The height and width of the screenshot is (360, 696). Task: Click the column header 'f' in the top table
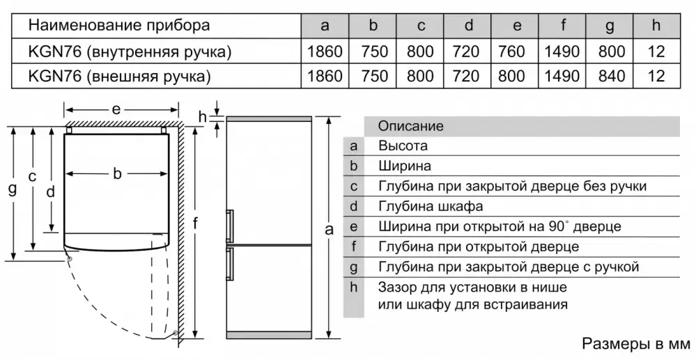pyautogui.click(x=562, y=26)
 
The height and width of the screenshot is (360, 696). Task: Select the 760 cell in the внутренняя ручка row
pyautogui.click(x=516, y=52)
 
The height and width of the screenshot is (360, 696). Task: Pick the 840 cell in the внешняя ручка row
pyautogui.click(x=611, y=76)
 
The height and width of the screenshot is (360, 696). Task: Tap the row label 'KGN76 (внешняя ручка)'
pyautogui.click(x=119, y=76)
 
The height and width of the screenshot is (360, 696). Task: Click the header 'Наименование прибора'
pyautogui.click(x=119, y=26)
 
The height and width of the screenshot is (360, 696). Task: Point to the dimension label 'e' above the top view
pyautogui.click(x=116, y=109)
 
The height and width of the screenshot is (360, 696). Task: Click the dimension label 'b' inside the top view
pyautogui.click(x=117, y=174)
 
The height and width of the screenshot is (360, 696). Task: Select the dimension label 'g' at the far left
pyautogui.click(x=12, y=189)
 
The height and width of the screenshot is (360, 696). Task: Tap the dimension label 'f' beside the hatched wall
pyautogui.click(x=196, y=224)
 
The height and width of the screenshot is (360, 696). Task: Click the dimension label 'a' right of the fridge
pyautogui.click(x=330, y=230)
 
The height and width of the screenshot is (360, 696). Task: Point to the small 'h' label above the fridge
pyautogui.click(x=203, y=116)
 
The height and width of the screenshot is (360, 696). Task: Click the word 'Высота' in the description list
pyautogui.click(x=403, y=146)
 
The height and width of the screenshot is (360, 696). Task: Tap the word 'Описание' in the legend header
pyautogui.click(x=410, y=126)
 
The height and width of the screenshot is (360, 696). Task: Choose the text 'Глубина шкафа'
pyautogui.click(x=431, y=207)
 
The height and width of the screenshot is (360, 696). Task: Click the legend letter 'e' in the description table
pyautogui.click(x=354, y=227)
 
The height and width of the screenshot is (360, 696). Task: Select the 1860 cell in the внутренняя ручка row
pyautogui.click(x=325, y=52)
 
